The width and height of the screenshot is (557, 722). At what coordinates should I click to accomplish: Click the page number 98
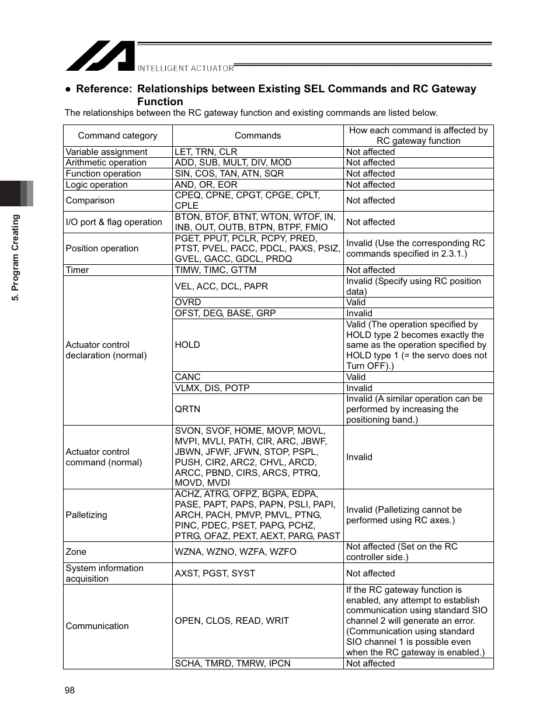[x=70, y=690]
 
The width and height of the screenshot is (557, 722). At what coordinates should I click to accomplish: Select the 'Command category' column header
[x=117, y=136]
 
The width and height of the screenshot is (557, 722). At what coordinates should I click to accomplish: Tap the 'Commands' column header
[x=257, y=136]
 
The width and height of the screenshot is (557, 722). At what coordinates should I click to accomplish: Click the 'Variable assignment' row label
[x=106, y=152]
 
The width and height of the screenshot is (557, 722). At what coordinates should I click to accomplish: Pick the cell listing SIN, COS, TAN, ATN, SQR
[x=229, y=174]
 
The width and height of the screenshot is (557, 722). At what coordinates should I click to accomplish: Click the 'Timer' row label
[x=77, y=270]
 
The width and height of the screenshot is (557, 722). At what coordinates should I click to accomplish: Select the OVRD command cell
[x=188, y=302]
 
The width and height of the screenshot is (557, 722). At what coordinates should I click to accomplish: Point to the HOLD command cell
[x=187, y=345]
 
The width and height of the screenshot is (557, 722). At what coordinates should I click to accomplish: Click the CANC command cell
[x=187, y=377]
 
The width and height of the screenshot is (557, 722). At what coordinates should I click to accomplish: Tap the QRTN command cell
[x=187, y=409]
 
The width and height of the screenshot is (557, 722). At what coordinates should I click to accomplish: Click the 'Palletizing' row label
[x=86, y=515]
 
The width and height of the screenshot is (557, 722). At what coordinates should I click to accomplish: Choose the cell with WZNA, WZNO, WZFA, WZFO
[x=235, y=552]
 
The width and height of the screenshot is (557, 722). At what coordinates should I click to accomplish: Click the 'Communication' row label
[x=97, y=626]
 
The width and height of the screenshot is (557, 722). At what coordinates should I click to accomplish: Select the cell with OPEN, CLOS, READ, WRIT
[x=232, y=621]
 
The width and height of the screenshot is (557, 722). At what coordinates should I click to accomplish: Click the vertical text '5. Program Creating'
[x=16, y=258]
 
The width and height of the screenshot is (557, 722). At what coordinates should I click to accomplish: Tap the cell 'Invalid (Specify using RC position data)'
[x=413, y=286]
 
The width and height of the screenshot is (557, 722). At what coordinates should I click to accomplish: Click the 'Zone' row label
[x=76, y=552]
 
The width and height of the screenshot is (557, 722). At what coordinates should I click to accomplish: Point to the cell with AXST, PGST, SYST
[x=215, y=574]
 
